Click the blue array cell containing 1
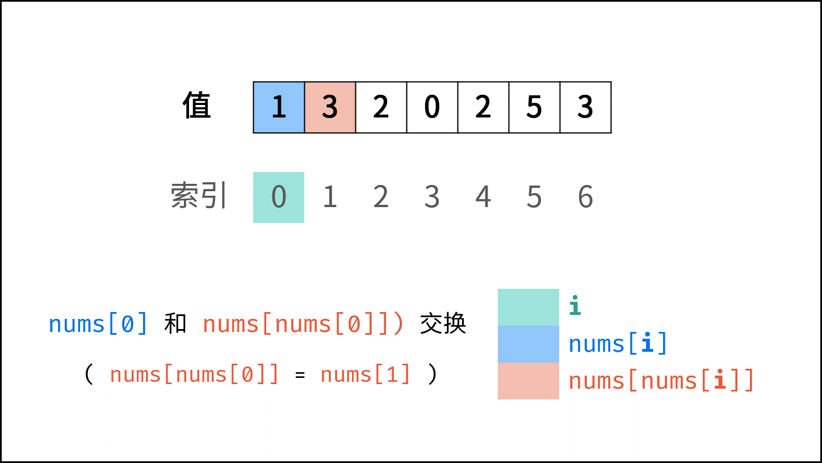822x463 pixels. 279,107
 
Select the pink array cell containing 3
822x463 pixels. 330,107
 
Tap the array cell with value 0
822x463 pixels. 432,107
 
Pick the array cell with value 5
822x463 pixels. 534,107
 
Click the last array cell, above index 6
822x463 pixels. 586,107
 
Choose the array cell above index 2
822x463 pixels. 381,107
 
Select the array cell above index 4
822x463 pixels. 483,107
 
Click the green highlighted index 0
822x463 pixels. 279,197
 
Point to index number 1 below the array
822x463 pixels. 330,197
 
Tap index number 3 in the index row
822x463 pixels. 432,197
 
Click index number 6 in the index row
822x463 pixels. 586,197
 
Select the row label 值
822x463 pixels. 196,106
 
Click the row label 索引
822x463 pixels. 199,195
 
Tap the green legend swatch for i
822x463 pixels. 529,308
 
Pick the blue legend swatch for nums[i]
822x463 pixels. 529,344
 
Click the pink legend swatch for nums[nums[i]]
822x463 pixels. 529,381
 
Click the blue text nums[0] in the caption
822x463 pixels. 98,324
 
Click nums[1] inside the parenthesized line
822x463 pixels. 365,374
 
